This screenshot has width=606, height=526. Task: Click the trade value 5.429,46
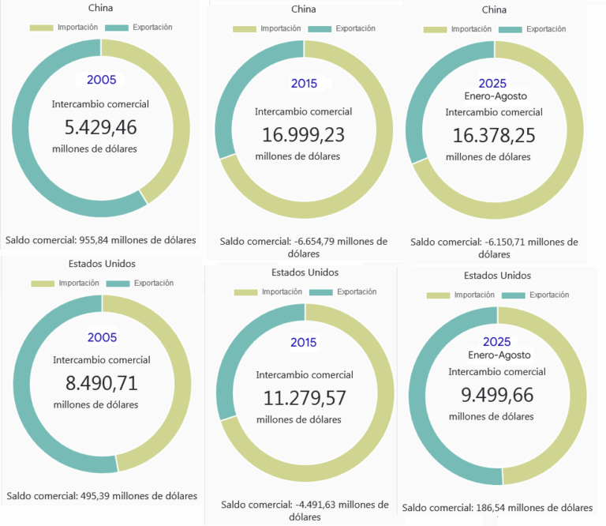click(x=100, y=127)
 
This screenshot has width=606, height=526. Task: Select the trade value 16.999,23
click(x=303, y=134)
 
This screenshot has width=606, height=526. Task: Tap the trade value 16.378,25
click(x=494, y=135)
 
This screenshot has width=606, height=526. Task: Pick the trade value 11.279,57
click(x=304, y=397)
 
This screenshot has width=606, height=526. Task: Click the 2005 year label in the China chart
click(x=102, y=80)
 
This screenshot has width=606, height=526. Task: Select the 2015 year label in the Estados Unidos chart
click(x=304, y=343)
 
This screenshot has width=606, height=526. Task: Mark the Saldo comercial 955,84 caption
click(x=100, y=240)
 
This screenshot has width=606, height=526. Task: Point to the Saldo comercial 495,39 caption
click(x=102, y=496)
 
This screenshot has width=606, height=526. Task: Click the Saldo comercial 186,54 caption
click(x=497, y=508)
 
